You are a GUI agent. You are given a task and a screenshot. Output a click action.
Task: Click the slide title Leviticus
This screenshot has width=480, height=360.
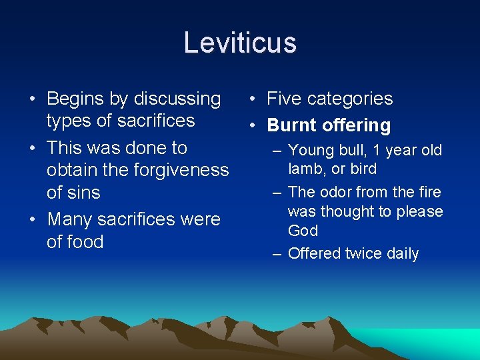click(240, 43)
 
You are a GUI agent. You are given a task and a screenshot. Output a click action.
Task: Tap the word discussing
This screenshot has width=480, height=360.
click(177, 99)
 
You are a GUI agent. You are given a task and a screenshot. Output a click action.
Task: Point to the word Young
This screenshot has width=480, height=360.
click(311, 151)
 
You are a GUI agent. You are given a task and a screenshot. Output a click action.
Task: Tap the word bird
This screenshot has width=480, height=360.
click(362, 169)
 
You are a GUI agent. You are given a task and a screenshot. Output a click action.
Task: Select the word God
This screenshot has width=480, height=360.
click(303, 231)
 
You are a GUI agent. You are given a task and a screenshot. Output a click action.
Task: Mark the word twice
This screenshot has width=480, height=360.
click(360, 254)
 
